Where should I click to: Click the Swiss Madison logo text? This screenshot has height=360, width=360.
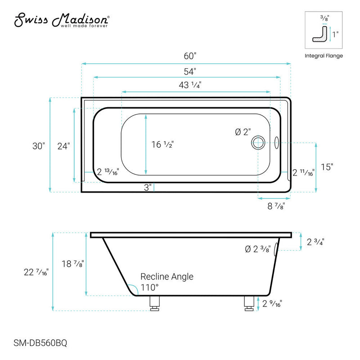[61, 20]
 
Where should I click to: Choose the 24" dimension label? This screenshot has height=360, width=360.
[63, 146]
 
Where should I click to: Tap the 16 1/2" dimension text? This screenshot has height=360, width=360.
[162, 145]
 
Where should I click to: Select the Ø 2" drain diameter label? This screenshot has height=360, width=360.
[243, 132]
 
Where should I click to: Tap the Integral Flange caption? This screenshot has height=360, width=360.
[324, 56]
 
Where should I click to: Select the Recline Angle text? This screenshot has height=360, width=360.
[167, 276]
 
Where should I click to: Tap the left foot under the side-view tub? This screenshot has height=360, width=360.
[154, 304]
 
